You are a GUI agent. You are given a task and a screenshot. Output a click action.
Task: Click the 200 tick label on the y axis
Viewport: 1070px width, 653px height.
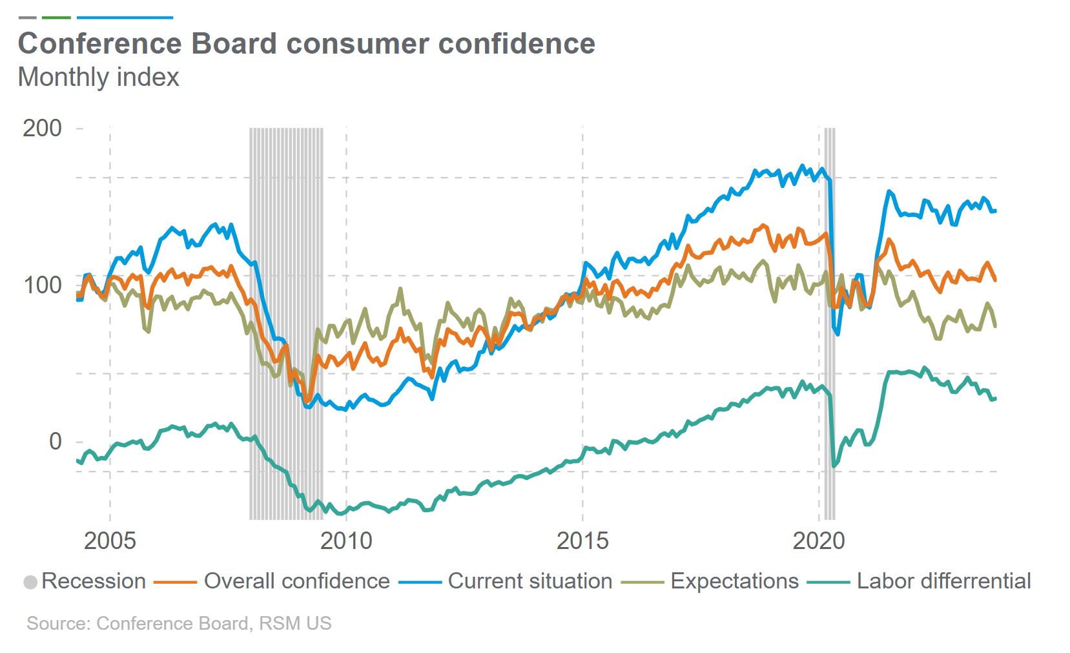pyautogui.click(x=42, y=128)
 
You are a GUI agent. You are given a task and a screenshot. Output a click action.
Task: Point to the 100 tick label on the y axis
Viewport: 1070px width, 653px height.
pyautogui.click(x=42, y=285)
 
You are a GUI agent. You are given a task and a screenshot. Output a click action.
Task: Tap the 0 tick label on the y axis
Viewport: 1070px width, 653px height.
pyautogui.click(x=56, y=442)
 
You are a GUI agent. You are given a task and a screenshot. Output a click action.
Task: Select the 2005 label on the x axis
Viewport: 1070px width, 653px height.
pyautogui.click(x=110, y=541)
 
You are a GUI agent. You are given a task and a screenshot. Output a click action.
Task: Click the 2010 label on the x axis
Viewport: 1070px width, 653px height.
pyautogui.click(x=346, y=541)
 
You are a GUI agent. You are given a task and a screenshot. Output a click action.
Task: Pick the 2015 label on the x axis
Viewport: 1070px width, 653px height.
pyautogui.click(x=582, y=541)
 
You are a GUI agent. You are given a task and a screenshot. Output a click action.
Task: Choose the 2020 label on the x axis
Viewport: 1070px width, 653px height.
pyautogui.click(x=819, y=541)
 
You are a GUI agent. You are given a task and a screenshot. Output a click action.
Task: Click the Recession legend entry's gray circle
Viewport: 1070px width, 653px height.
pyautogui.click(x=30, y=582)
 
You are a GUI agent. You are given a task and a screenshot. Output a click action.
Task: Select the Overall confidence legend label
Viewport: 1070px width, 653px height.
pyautogui.click(x=296, y=581)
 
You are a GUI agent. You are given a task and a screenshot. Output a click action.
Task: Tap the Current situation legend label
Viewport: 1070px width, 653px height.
pyautogui.click(x=530, y=581)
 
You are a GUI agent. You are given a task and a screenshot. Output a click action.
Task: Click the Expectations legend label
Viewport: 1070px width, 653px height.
pyautogui.click(x=734, y=581)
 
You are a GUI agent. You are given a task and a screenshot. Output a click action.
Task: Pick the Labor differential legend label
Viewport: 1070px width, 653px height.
pyautogui.click(x=943, y=581)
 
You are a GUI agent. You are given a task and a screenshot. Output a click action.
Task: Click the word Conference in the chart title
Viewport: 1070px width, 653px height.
pyautogui.click(x=100, y=44)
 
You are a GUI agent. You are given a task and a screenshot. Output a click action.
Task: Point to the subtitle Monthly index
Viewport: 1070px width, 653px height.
pyautogui.click(x=98, y=78)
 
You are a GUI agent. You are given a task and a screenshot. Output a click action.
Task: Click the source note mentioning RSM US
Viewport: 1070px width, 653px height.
pyautogui.click(x=179, y=623)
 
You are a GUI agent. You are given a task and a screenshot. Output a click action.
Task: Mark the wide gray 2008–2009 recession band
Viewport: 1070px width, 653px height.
pyautogui.click(x=286, y=323)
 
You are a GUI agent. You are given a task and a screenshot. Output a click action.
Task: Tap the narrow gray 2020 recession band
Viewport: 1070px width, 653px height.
pyautogui.click(x=829, y=323)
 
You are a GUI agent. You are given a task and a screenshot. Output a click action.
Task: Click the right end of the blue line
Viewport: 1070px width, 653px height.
pyautogui.click(x=995, y=211)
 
